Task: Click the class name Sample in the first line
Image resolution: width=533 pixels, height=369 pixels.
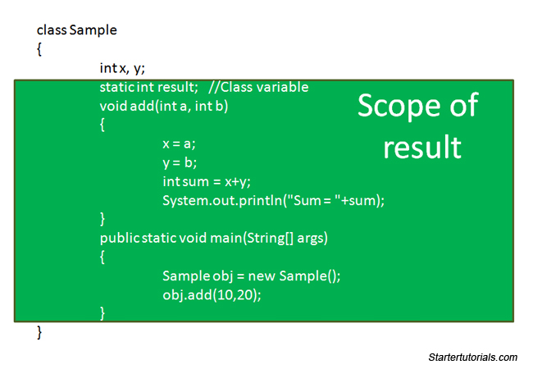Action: tap(93, 30)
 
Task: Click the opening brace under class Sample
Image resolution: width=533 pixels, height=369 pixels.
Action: tap(39, 50)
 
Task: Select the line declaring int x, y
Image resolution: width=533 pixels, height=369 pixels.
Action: tap(122, 68)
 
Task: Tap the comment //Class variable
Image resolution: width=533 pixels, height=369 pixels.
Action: tap(258, 87)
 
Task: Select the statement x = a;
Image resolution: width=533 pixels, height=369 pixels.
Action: tap(179, 143)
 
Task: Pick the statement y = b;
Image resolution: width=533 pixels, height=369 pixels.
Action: tap(179, 162)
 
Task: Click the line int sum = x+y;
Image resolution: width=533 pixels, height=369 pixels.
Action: tap(206, 181)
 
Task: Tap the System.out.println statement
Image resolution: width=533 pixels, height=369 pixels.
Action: tap(273, 200)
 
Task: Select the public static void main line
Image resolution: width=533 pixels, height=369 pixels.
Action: tap(213, 238)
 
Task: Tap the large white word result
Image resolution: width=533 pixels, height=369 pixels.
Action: tap(422, 148)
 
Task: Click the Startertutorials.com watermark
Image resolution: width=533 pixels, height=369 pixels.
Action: tap(473, 358)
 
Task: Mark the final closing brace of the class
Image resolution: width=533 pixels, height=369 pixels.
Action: tap(39, 332)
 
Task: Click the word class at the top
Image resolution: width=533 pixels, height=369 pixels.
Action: tap(51, 30)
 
